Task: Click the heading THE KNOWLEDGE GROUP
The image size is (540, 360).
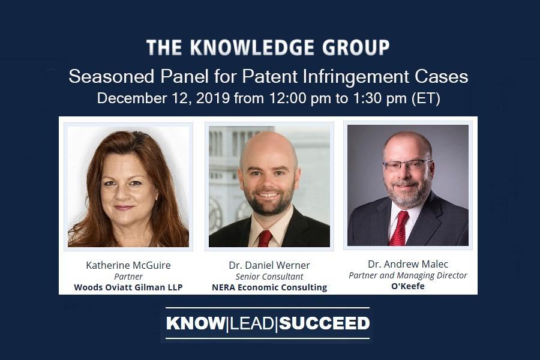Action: [x=268, y=47]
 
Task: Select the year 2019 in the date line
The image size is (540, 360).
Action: [x=213, y=98]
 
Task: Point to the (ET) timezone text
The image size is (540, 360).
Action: [x=426, y=98]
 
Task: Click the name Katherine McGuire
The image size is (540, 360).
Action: [x=128, y=265]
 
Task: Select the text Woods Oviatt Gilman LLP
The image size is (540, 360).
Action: [x=128, y=287]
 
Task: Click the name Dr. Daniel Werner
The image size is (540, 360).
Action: [x=269, y=265]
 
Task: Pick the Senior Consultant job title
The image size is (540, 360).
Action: [x=269, y=276]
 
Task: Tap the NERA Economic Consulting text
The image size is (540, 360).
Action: [x=269, y=287]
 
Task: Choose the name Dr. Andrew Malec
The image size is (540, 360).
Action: [x=408, y=264]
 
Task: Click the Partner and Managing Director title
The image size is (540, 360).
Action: [x=408, y=275]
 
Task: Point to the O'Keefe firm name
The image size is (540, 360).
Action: [x=408, y=286]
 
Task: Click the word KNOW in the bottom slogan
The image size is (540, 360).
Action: [x=195, y=323]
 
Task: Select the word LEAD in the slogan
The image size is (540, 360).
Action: [x=251, y=323]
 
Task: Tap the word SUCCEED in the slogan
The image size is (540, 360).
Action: [x=325, y=323]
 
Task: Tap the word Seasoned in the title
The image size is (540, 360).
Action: [x=111, y=76]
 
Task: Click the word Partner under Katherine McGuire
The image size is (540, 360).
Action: [x=128, y=276]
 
